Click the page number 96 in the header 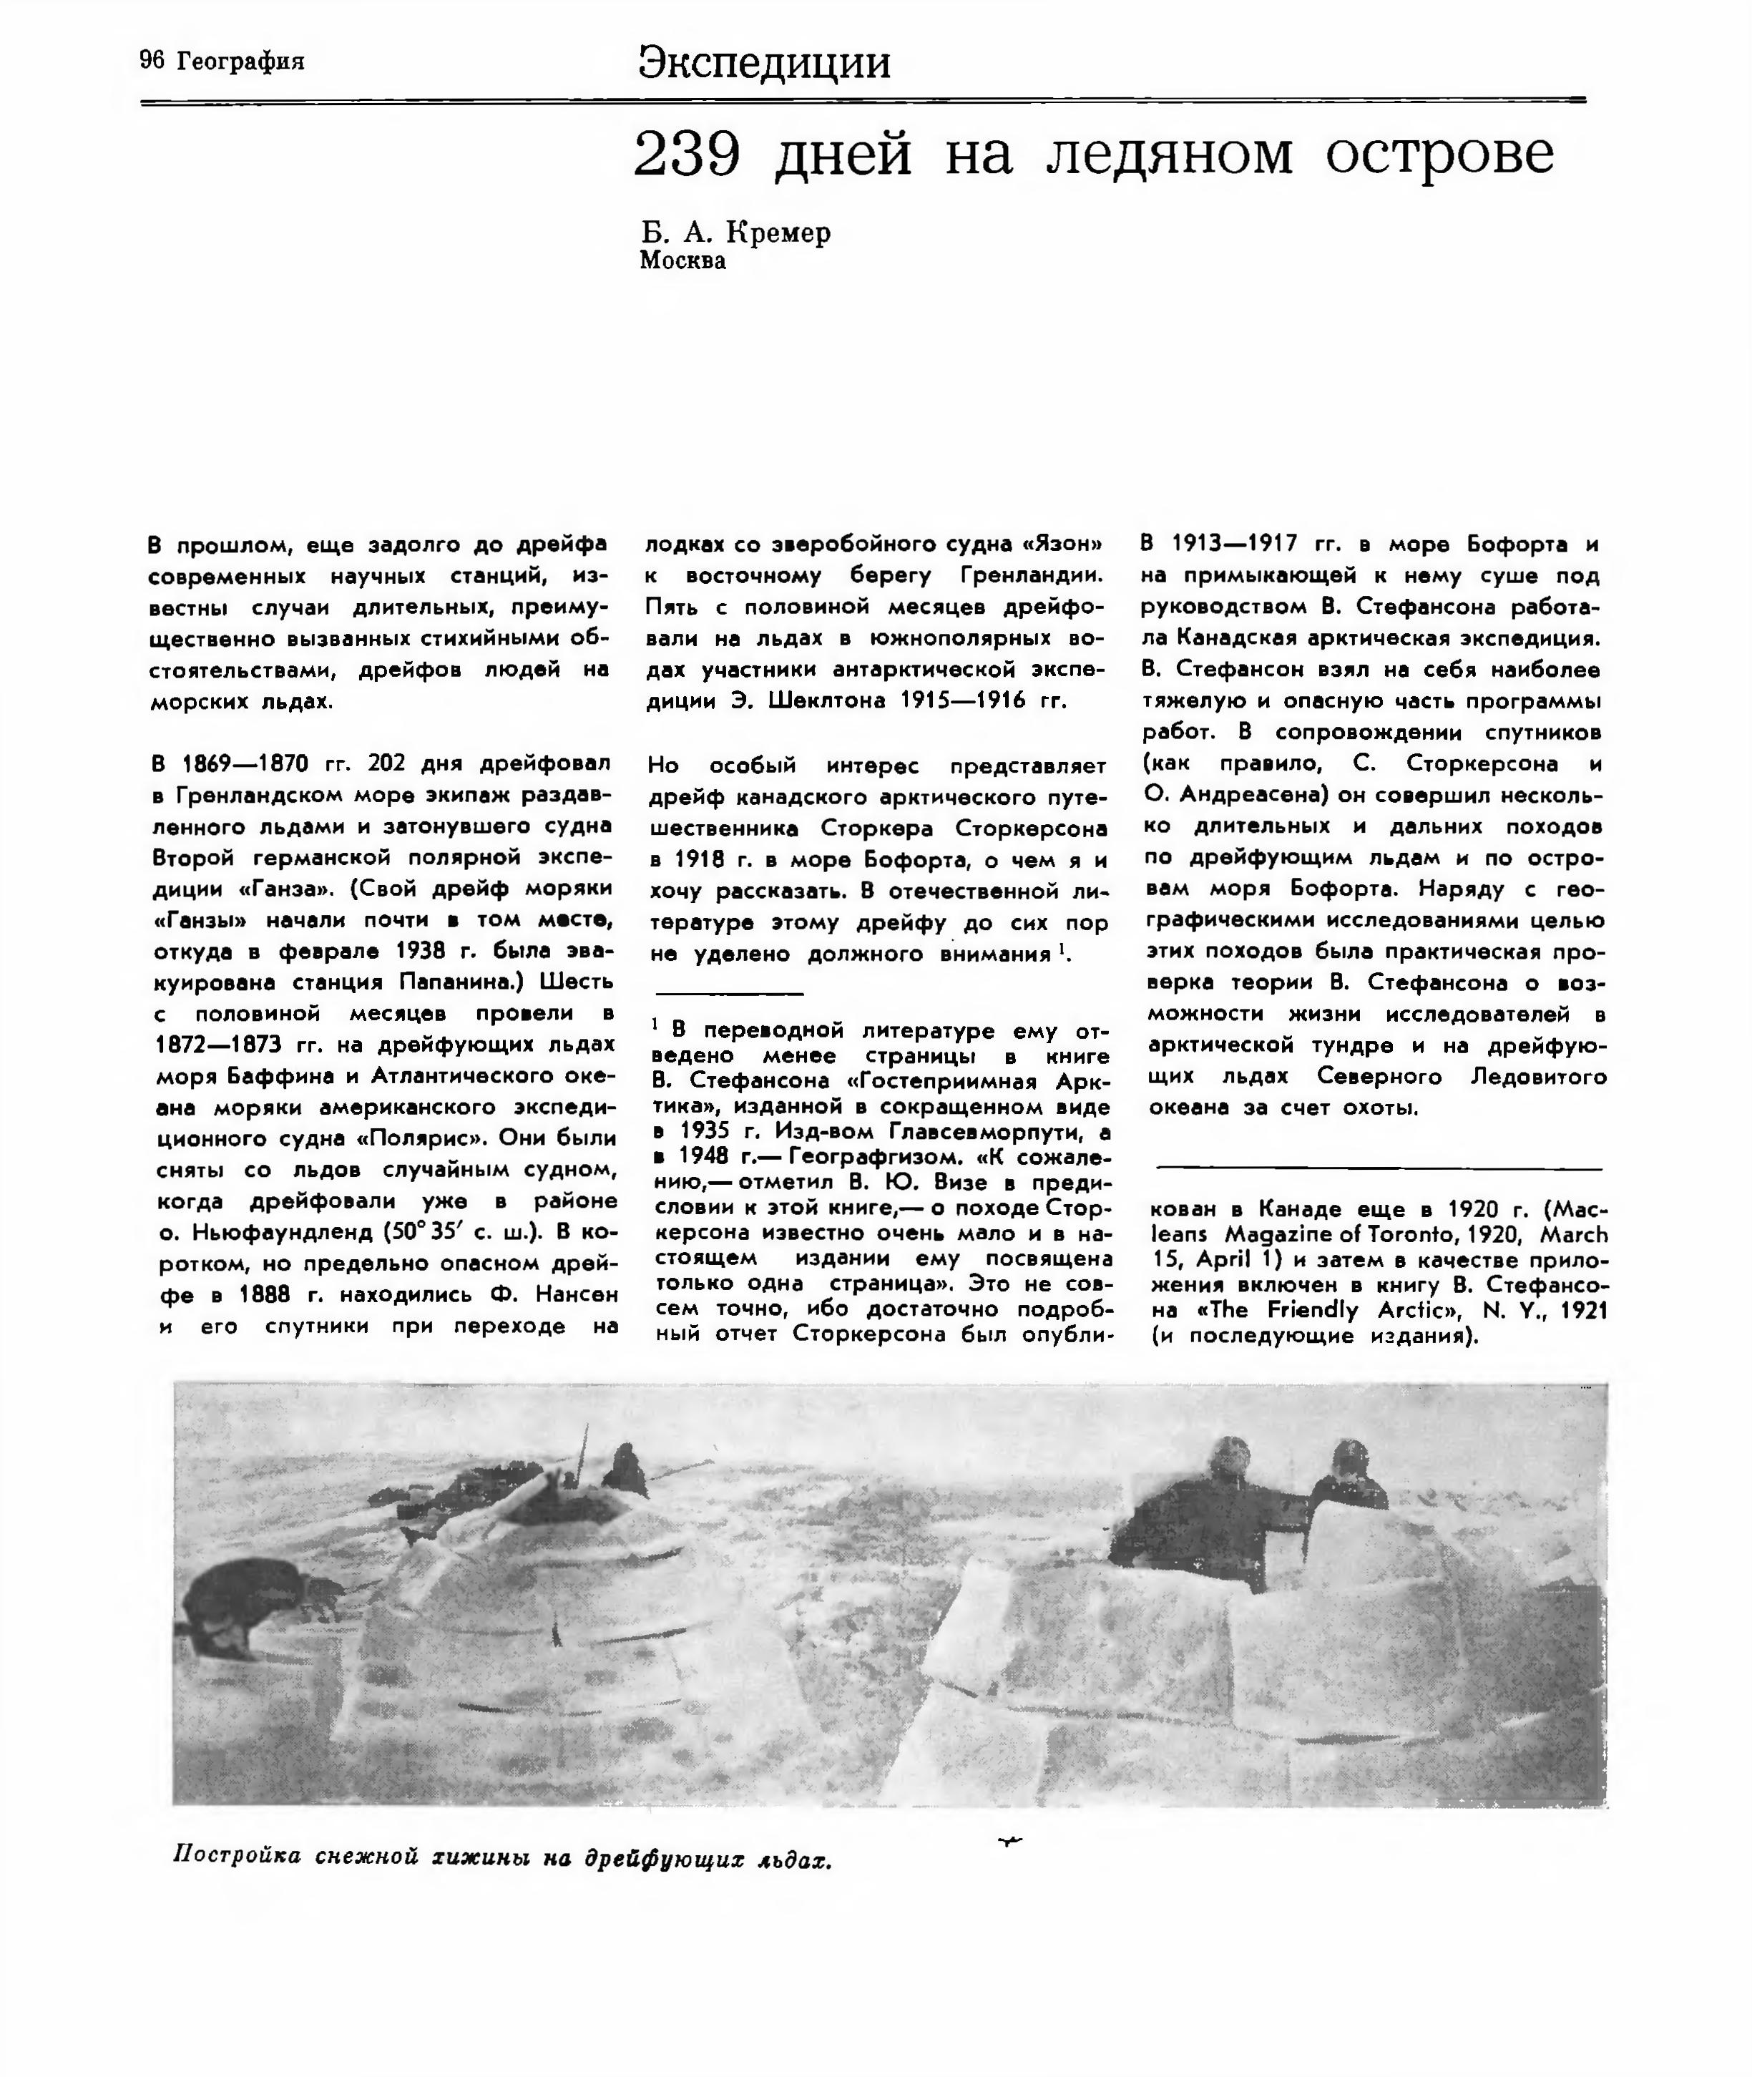pyautogui.click(x=152, y=61)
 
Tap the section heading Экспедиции pyautogui.click(x=764, y=62)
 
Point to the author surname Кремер pyautogui.click(x=778, y=233)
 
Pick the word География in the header pyautogui.click(x=240, y=62)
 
